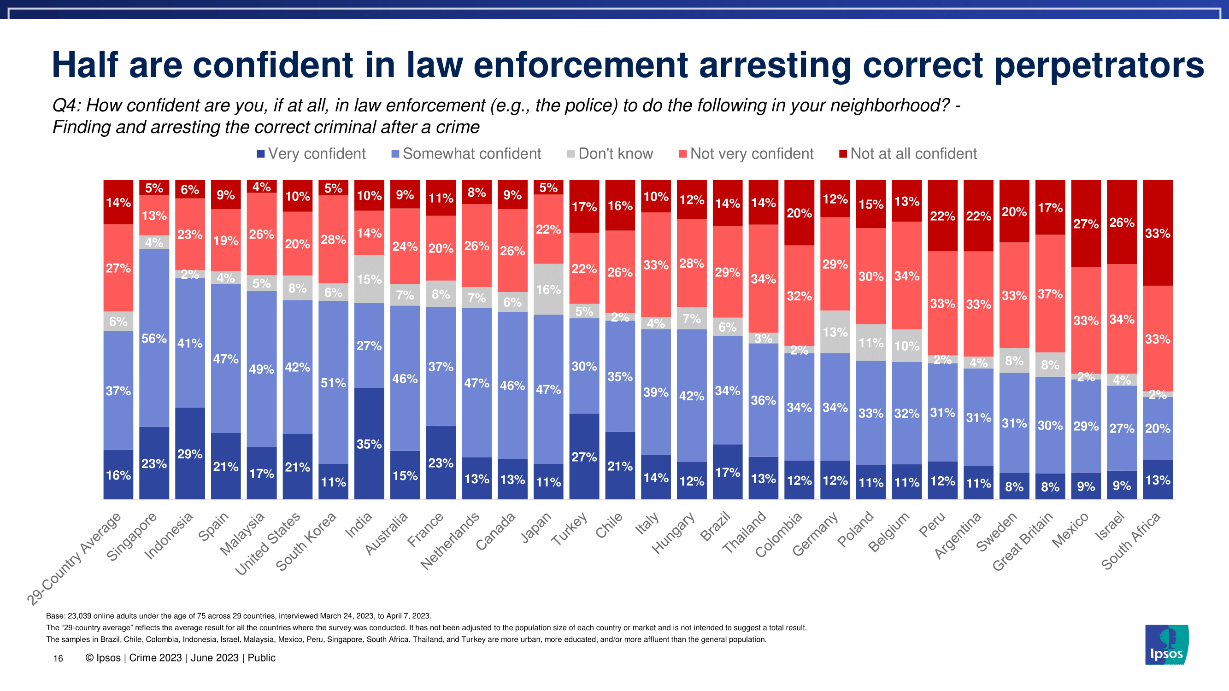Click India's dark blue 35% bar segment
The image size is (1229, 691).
click(x=369, y=443)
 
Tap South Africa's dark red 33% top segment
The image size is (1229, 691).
click(x=1158, y=233)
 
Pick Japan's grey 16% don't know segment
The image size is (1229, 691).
click(x=548, y=289)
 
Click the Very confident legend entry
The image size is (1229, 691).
click(x=311, y=153)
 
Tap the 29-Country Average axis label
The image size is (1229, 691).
click(x=74, y=558)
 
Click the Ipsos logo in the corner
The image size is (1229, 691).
click(x=1166, y=644)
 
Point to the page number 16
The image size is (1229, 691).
click(x=58, y=659)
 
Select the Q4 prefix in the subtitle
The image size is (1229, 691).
click(x=66, y=105)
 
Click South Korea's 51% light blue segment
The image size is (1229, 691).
click(x=333, y=382)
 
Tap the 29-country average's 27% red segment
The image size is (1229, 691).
click(x=118, y=268)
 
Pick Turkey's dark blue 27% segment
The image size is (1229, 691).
click(x=584, y=456)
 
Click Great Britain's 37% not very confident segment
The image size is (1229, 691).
click(x=1050, y=293)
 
